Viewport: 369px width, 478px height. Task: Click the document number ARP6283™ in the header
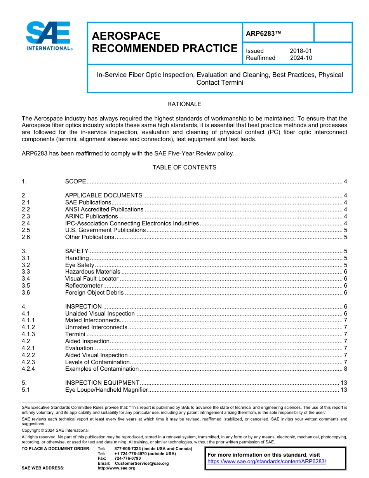263,34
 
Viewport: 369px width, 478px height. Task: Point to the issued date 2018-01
301,51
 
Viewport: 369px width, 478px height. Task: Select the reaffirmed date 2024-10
301,58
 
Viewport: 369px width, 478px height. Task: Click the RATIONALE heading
184,104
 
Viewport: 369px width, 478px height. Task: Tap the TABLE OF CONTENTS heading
184,167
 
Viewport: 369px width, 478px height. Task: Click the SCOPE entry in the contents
75,181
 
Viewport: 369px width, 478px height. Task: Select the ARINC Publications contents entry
91,216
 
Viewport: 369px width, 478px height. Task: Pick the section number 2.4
26,223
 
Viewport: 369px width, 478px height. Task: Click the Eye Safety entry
80,265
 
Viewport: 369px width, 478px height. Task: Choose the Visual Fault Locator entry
92,279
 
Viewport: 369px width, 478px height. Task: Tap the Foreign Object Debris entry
94,293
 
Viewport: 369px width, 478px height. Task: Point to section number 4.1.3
28,334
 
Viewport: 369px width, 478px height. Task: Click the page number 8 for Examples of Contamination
345,369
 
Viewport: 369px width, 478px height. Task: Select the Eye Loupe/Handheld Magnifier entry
106,390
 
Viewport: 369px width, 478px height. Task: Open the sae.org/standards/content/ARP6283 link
267,462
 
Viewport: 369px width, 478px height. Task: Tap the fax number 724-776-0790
127,459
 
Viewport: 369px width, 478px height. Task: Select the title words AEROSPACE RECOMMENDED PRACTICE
164,42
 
